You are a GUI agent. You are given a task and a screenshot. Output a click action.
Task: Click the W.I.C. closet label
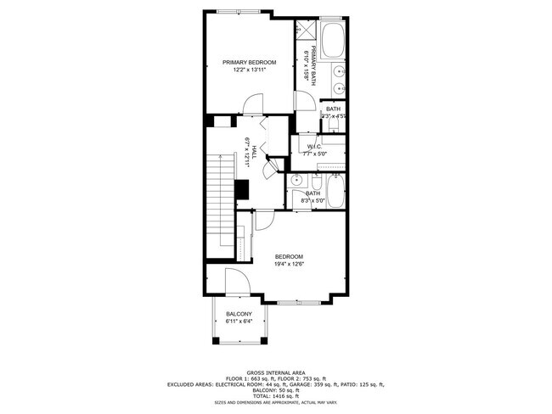(x=313, y=148)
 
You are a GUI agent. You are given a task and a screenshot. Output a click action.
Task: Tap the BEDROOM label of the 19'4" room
(x=289, y=256)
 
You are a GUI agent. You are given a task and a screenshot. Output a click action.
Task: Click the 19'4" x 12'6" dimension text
(x=289, y=264)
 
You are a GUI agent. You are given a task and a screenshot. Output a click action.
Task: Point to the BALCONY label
(x=239, y=315)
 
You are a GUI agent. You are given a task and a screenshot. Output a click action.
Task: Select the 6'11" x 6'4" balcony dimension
(x=239, y=322)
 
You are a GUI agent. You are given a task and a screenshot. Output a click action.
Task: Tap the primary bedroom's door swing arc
(x=252, y=104)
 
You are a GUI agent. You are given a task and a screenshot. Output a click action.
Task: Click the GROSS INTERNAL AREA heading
(x=275, y=372)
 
